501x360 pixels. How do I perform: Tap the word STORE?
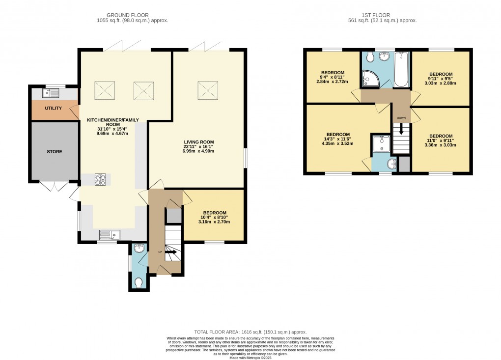(x=55, y=152)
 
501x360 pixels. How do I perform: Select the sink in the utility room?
(x=51, y=92)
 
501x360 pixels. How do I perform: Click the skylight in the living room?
(x=208, y=90)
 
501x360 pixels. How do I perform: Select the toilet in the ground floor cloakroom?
(x=139, y=282)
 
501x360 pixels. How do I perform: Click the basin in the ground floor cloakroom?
(x=139, y=249)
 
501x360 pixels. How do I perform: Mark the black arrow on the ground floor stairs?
(x=171, y=252)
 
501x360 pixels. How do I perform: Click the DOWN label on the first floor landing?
(x=401, y=118)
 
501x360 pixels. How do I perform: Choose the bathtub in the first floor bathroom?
(x=402, y=70)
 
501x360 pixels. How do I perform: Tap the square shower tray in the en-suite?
(x=379, y=143)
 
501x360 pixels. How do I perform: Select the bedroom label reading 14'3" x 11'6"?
(x=338, y=139)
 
